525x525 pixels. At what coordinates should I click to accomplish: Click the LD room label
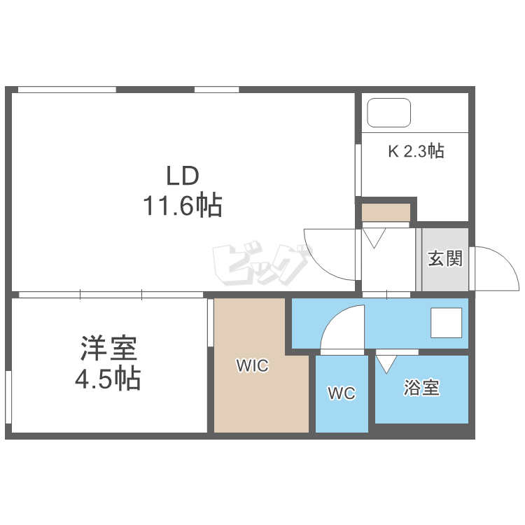pos(183,176)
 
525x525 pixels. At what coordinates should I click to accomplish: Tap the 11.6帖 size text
pos(183,205)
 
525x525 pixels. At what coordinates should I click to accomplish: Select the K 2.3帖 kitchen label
pos(416,151)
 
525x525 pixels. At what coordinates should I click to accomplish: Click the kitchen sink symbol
pos(388,113)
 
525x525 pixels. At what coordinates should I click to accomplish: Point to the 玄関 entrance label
pos(445,258)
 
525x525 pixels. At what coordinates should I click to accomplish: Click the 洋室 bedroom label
pos(108,348)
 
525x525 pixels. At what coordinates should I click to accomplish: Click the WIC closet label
pos(253,365)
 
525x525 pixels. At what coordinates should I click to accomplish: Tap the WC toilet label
pos(342,393)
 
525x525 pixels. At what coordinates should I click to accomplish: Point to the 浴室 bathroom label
pos(421,388)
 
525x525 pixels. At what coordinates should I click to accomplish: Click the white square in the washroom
pos(447,323)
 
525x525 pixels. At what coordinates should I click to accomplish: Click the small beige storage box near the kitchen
pos(386,212)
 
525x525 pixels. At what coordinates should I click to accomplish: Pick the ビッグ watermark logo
pos(262,262)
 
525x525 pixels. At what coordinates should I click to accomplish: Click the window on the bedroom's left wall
pos(8,397)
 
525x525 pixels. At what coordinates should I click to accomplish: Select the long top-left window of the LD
pos(67,90)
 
